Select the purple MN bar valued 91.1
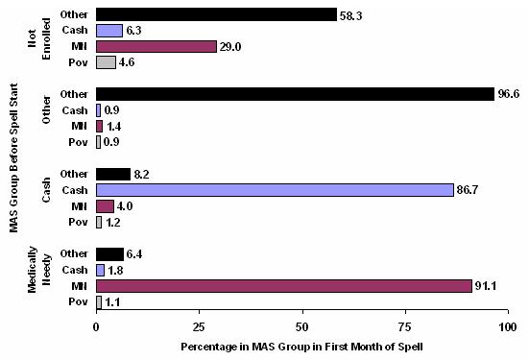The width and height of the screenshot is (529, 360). tap(283, 286)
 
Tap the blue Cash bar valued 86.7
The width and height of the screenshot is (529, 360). tap(275, 190)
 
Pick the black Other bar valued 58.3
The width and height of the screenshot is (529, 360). tap(216, 14)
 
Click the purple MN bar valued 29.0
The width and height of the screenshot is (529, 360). tap(156, 46)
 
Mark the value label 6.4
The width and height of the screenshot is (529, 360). tap(136, 254)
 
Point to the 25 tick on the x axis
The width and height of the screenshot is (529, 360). tap(199, 326)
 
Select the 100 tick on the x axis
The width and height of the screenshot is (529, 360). tap(506, 326)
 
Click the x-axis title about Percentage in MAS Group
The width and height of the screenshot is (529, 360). tap(301, 345)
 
